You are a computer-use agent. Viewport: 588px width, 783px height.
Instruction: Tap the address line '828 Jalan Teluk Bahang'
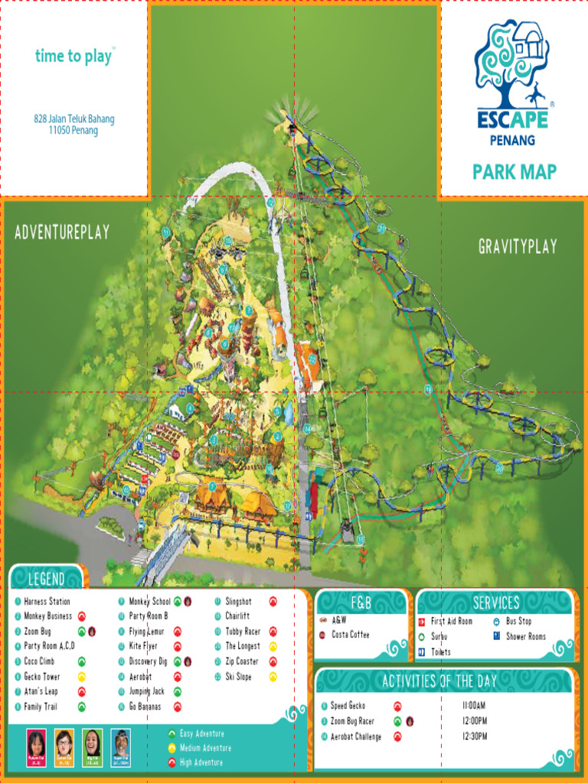pyautogui.click(x=74, y=119)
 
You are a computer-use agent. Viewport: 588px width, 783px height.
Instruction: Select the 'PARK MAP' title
pyautogui.click(x=514, y=171)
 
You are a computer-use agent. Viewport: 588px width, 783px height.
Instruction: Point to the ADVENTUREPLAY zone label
pyautogui.click(x=62, y=232)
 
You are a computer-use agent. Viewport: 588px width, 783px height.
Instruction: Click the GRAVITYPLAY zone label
pyautogui.click(x=518, y=246)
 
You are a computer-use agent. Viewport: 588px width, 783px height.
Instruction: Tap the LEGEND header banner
pyautogui.click(x=47, y=579)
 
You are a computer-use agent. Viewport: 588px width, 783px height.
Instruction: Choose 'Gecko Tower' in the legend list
pyautogui.click(x=41, y=677)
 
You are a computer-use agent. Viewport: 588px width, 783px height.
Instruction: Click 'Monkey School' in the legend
pyautogui.click(x=149, y=602)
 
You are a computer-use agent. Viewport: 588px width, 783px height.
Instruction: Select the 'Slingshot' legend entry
pyautogui.click(x=238, y=602)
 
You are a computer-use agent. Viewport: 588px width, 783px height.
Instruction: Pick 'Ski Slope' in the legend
pyautogui.click(x=238, y=677)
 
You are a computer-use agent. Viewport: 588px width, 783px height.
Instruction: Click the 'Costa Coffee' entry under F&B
pyautogui.click(x=350, y=635)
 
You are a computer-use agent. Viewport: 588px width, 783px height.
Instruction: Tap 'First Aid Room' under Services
pyautogui.click(x=451, y=622)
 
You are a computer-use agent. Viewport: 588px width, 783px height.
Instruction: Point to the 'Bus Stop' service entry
pyautogui.click(x=518, y=622)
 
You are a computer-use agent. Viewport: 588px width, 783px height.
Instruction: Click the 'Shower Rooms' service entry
pyautogui.click(x=525, y=636)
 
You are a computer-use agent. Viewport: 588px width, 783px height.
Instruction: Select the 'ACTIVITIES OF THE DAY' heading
pyautogui.click(x=439, y=681)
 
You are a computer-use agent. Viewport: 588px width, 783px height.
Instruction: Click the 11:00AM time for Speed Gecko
pyautogui.click(x=475, y=706)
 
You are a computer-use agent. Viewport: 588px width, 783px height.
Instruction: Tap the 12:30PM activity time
pyautogui.click(x=475, y=736)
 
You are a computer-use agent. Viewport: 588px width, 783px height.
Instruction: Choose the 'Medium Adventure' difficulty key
pyautogui.click(x=205, y=748)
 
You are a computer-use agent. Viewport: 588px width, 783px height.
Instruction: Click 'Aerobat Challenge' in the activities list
pyautogui.click(x=356, y=736)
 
